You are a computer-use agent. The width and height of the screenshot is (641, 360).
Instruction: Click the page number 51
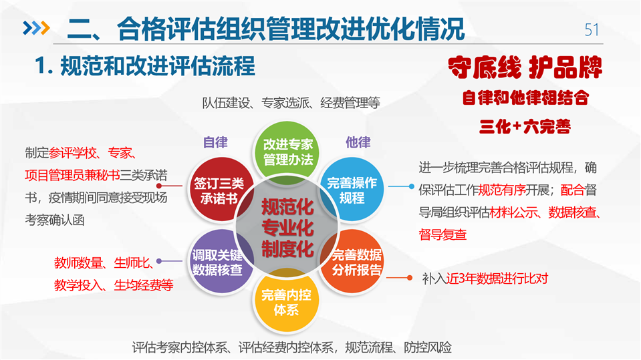pos(592,30)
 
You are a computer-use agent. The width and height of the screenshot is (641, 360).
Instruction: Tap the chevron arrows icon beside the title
pos(36,28)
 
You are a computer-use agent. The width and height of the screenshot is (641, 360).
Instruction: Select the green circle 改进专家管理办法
pos(287,152)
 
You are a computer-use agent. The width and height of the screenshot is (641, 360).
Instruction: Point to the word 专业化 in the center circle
pos(287,228)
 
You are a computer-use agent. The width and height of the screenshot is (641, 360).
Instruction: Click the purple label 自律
pos(215,143)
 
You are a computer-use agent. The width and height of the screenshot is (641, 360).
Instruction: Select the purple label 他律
pos(358,142)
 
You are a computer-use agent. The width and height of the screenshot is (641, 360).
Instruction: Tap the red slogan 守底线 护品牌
pos(525,67)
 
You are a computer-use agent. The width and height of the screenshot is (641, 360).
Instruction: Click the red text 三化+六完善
pos(525,127)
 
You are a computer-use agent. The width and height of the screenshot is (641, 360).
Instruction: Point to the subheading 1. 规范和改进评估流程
pos(145,66)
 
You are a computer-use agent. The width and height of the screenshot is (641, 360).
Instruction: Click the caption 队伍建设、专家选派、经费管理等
pos(291,103)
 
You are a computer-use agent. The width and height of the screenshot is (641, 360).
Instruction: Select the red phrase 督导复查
pos(442,235)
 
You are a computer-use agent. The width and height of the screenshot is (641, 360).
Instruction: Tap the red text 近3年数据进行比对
pos(497,279)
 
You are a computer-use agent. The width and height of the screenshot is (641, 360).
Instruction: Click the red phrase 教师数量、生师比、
pos(104,262)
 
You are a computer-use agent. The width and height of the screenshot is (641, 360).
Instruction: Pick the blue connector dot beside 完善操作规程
pos(411,186)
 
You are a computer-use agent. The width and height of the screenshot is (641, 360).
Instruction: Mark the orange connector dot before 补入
pos(409,278)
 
